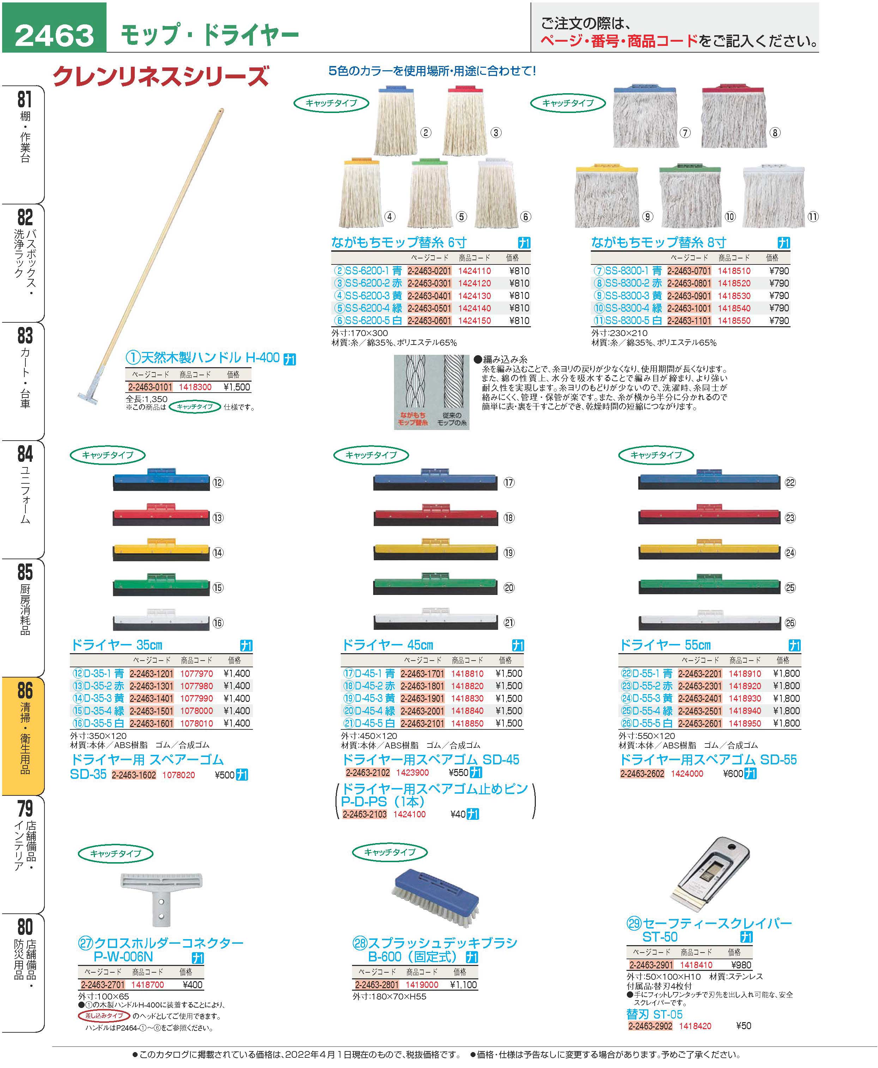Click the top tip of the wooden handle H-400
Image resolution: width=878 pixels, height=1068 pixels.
click(221, 109)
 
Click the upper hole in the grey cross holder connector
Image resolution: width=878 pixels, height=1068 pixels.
click(161, 901)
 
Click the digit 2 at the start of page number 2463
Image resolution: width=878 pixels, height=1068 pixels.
click(25, 35)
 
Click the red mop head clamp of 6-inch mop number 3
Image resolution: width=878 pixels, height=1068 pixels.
click(466, 90)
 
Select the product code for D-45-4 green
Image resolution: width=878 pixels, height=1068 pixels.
click(467, 711)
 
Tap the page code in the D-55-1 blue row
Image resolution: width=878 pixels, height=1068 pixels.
click(700, 674)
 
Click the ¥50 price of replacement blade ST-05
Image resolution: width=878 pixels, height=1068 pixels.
click(744, 1026)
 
